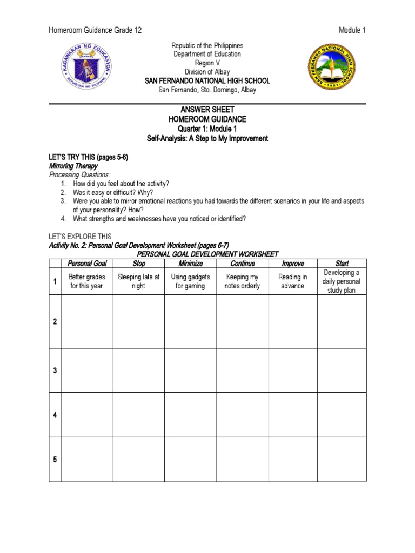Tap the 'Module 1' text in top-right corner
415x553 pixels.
(352, 30)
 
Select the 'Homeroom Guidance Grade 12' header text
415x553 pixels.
(95, 30)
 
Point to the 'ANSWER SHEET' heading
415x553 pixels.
(207, 110)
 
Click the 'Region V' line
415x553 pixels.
(207, 63)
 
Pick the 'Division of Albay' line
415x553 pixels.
(207, 72)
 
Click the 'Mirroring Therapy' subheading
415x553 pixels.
(73, 166)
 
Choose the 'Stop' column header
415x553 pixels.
(139, 264)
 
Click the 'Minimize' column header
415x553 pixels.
(190, 264)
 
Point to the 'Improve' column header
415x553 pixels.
(293, 264)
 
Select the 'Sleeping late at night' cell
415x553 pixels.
(139, 281)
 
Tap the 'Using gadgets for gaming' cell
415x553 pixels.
(190, 281)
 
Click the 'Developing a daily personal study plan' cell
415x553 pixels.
(342, 281)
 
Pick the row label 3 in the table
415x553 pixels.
(55, 370)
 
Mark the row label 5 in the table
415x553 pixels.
(55, 460)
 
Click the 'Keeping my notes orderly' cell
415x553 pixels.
(242, 281)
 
